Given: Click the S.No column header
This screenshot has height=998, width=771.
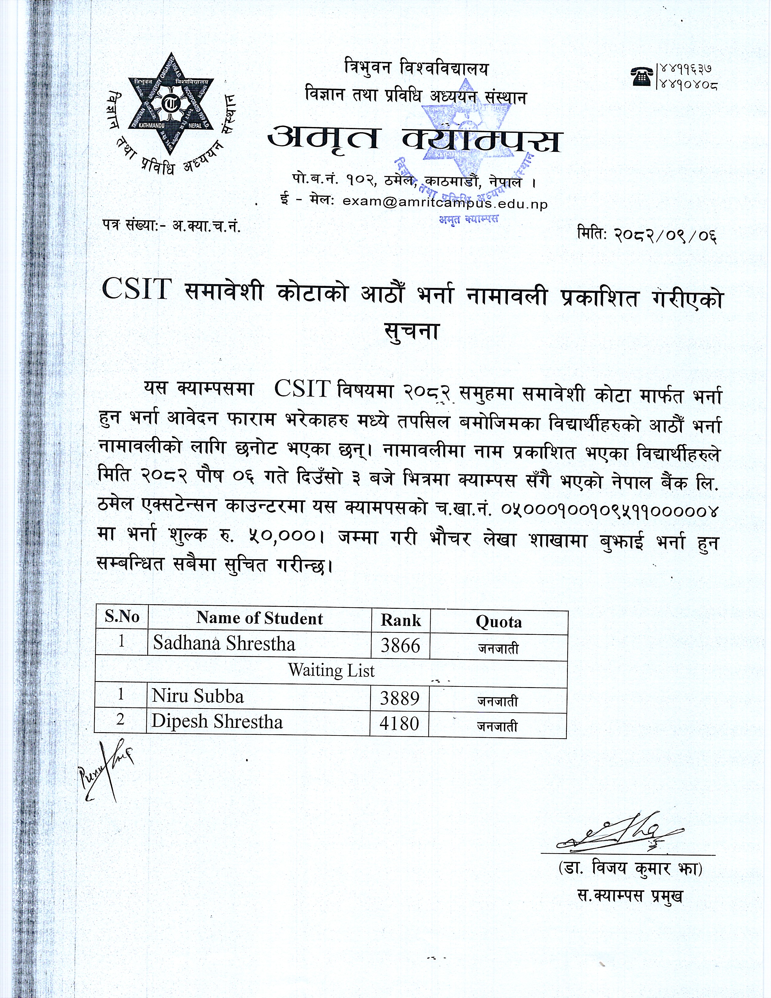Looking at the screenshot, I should pyautogui.click(x=122, y=616).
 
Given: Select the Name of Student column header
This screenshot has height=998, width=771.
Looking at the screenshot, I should pyautogui.click(x=259, y=618).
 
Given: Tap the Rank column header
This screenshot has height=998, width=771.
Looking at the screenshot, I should pyautogui.click(x=401, y=620).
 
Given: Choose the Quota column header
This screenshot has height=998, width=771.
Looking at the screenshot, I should pyautogui.click(x=498, y=621).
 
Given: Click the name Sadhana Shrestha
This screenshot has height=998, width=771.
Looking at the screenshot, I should pyautogui.click(x=224, y=643).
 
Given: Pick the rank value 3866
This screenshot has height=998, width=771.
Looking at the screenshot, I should pyautogui.click(x=400, y=645).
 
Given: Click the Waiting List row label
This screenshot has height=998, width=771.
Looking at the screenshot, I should pyautogui.click(x=331, y=670).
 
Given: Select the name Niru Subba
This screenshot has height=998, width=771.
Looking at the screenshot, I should pyautogui.click(x=198, y=696).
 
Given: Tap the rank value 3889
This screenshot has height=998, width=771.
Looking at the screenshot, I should pyautogui.click(x=399, y=698).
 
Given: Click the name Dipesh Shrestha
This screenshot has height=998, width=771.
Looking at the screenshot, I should pyautogui.click(x=217, y=721).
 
